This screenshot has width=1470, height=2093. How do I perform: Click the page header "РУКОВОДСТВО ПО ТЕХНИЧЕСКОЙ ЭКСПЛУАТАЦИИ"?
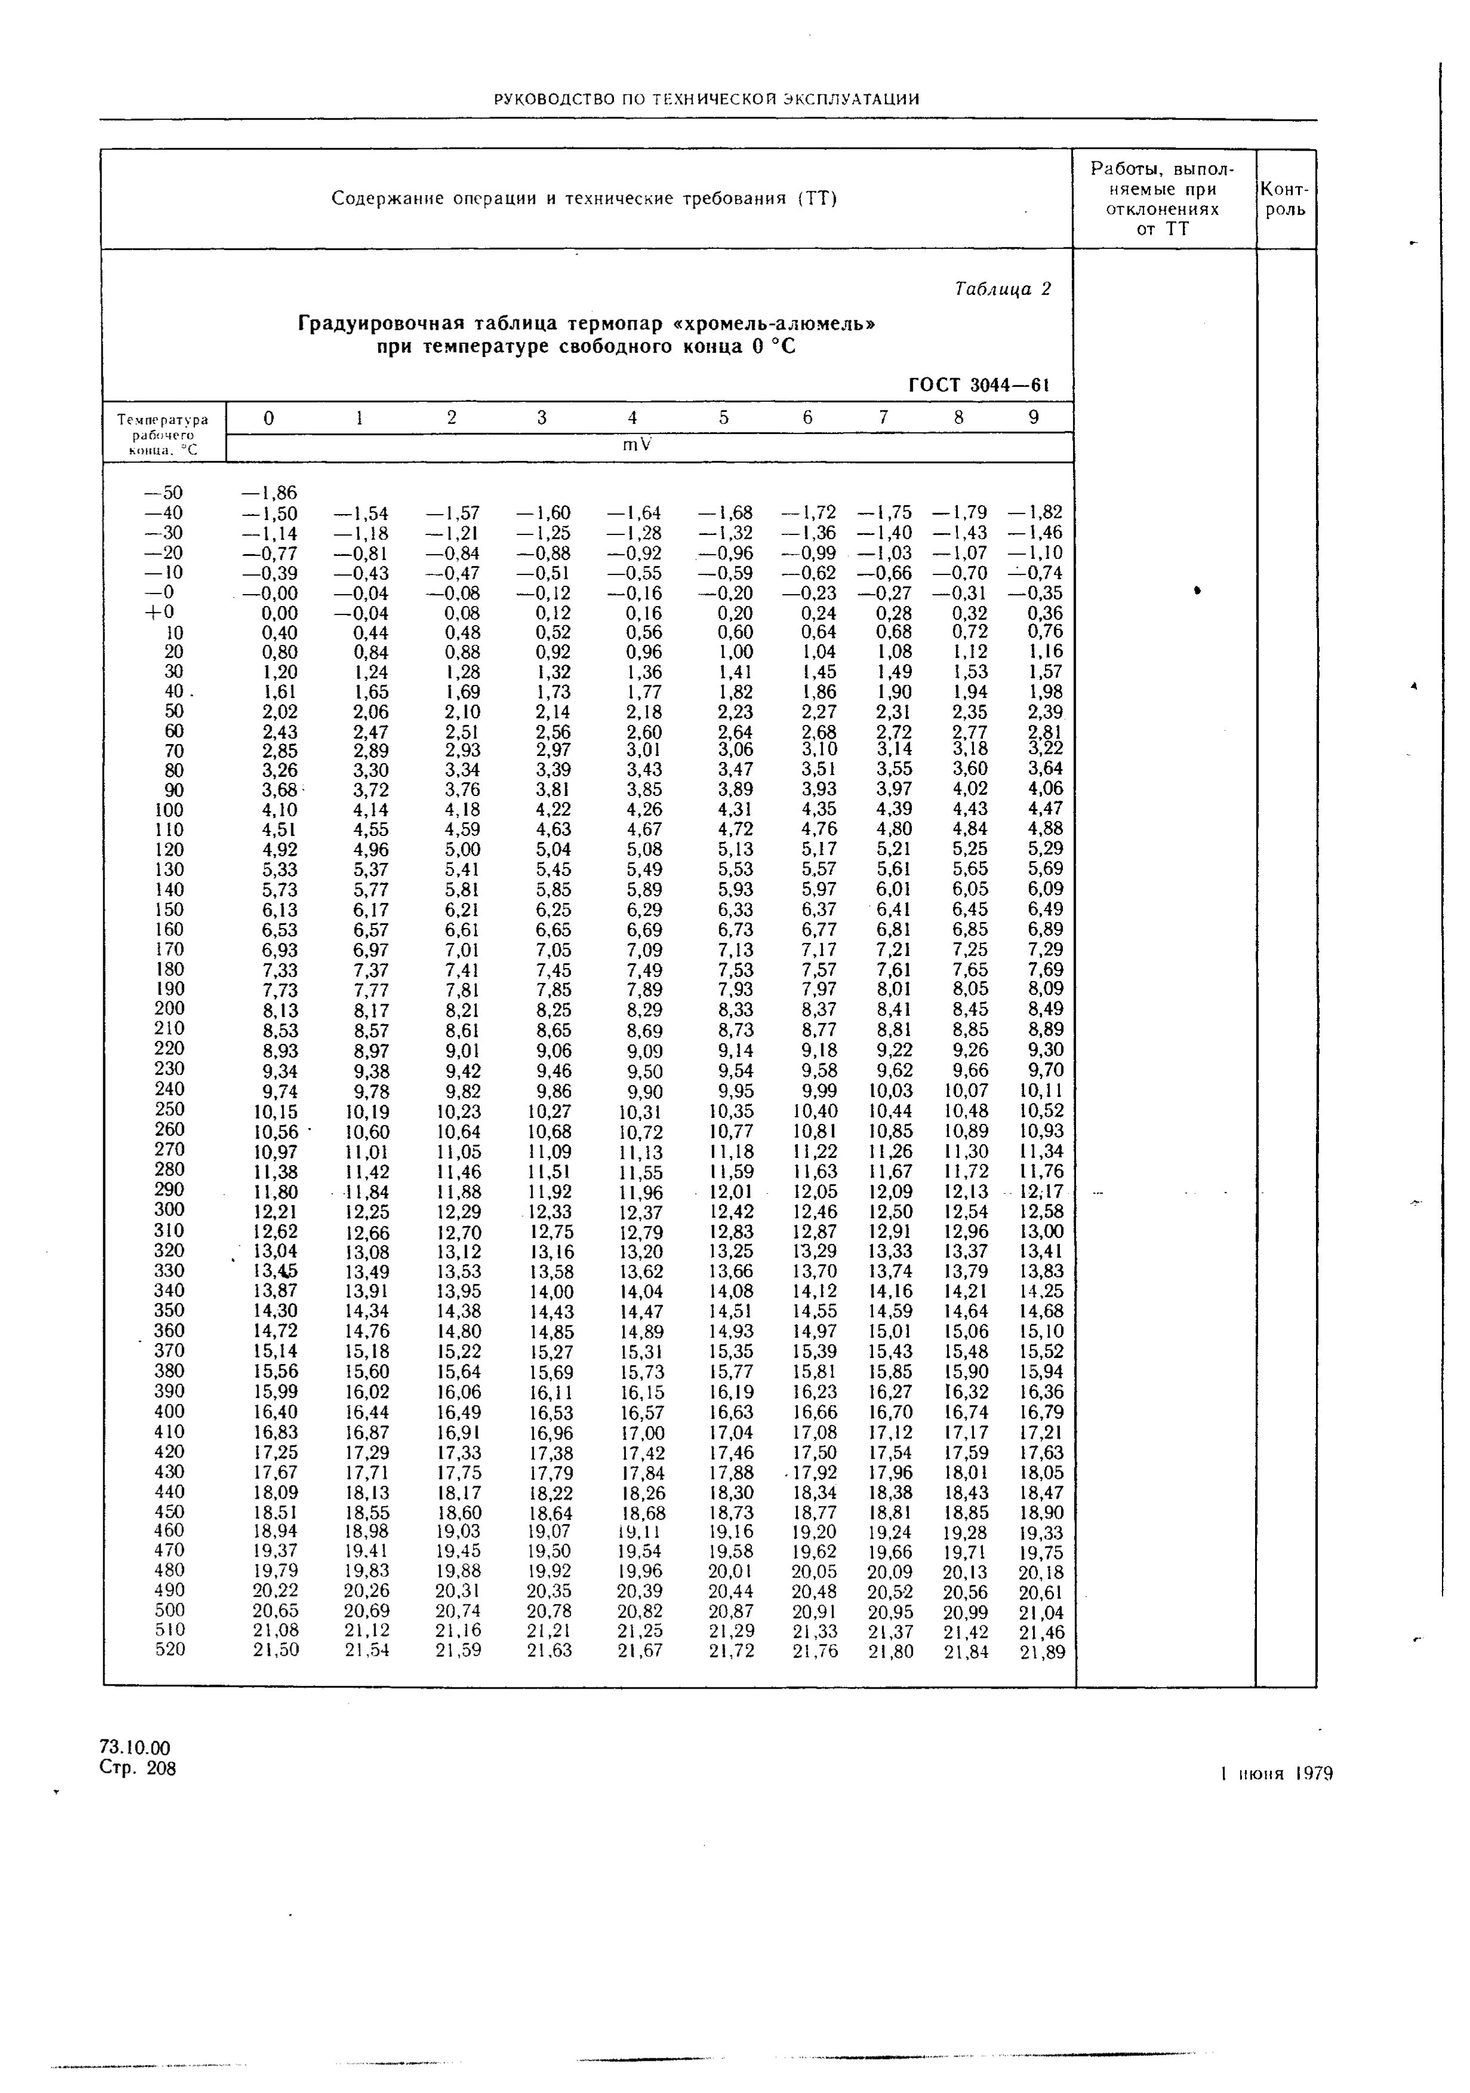coord(706,99)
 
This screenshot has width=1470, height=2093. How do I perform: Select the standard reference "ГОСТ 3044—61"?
coord(979,385)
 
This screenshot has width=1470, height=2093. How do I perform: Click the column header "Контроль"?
coord(1285,199)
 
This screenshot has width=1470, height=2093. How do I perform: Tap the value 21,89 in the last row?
coord(1041,1651)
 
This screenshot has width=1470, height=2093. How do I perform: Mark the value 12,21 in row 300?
coord(275,1212)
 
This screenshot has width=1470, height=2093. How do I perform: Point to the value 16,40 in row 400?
coord(275,1412)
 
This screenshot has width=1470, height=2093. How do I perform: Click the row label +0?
coord(166,613)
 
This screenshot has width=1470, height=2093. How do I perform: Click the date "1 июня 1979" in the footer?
coord(1276,1773)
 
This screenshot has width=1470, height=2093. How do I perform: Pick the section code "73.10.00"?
coord(135,1747)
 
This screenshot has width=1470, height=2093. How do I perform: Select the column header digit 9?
coord(1034,417)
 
